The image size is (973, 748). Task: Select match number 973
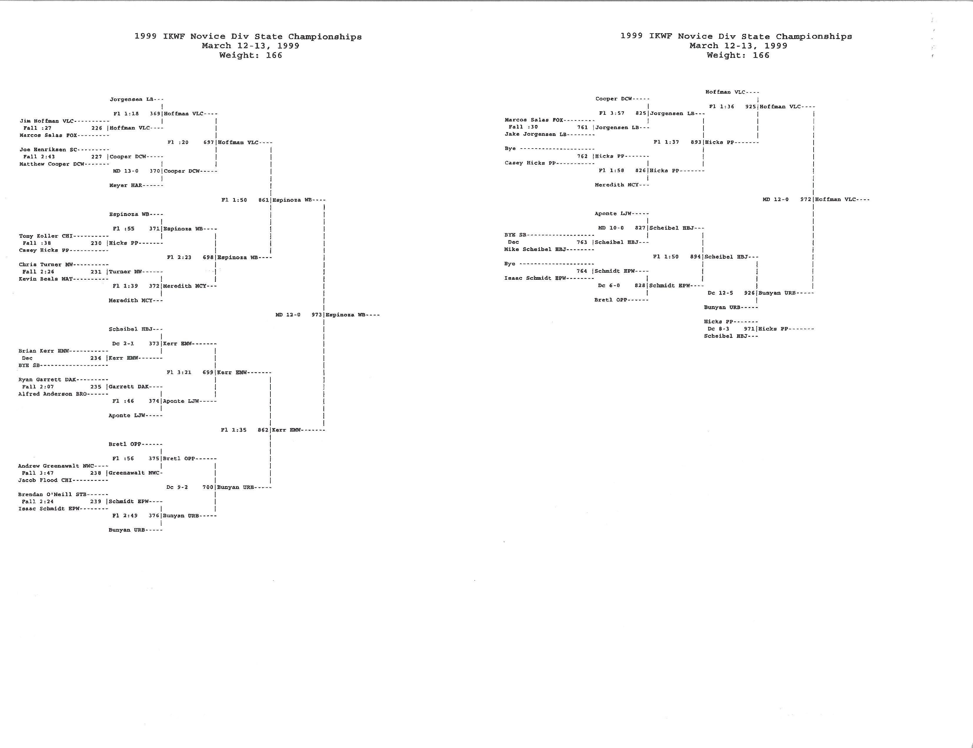point(317,315)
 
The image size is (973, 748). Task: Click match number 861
point(263,200)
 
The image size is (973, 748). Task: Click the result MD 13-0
point(126,171)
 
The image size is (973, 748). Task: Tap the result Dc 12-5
point(721,293)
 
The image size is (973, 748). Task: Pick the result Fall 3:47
point(38,473)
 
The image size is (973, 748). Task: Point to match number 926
point(750,293)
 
